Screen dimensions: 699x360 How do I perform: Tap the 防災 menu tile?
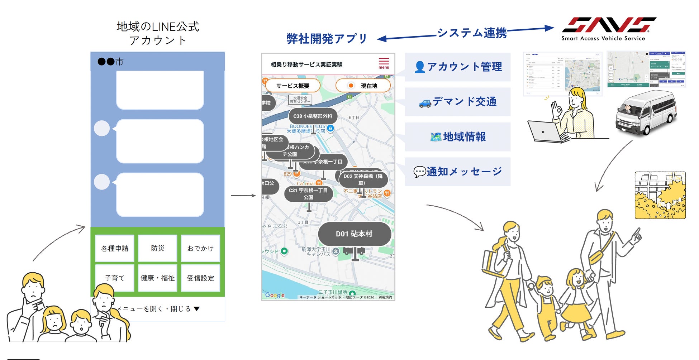tap(158, 248)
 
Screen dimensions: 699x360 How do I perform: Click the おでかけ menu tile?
tap(200, 248)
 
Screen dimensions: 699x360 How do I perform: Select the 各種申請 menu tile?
tap(115, 248)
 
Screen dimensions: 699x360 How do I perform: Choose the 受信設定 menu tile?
tap(200, 278)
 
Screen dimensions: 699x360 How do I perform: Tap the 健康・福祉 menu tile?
tap(158, 278)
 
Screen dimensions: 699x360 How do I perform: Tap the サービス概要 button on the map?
tap(293, 86)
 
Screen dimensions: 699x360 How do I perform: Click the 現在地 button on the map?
tap(363, 86)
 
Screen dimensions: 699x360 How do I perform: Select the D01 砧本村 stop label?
tap(354, 234)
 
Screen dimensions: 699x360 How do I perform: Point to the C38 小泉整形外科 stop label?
tap(313, 116)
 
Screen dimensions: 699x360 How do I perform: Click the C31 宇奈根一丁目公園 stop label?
tap(308, 194)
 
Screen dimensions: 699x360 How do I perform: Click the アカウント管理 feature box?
tap(458, 67)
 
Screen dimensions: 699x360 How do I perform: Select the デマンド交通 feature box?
tap(458, 102)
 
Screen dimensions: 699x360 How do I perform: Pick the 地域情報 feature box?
tap(458, 137)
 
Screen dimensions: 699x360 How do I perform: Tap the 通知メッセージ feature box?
tap(458, 172)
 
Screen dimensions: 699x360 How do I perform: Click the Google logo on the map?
tap(275, 295)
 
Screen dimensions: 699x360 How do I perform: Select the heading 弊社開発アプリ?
tap(327, 39)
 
